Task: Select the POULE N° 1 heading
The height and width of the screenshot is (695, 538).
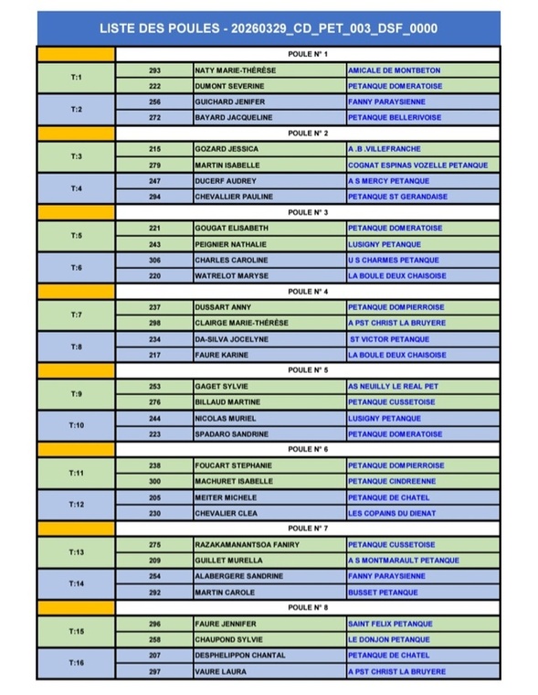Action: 307,55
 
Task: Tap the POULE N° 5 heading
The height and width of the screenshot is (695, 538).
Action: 307,370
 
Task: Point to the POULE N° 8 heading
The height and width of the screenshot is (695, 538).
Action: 307,607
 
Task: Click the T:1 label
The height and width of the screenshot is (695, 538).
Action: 77,78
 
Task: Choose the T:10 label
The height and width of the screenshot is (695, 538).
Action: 77,425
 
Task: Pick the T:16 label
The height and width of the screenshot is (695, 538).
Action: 77,663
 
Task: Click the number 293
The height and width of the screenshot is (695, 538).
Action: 154,70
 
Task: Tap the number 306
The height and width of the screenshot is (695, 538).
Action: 154,260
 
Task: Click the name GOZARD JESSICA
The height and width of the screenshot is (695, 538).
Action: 227,149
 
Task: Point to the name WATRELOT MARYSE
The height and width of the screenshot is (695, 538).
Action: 231,275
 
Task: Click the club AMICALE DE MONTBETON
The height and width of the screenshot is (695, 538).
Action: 394,70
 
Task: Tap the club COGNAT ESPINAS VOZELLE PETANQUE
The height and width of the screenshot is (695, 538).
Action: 417,165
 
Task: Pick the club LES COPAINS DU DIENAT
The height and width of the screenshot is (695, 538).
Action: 396,512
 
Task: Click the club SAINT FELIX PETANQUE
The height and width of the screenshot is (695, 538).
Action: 390,624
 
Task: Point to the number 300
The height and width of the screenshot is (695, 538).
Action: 154,481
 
